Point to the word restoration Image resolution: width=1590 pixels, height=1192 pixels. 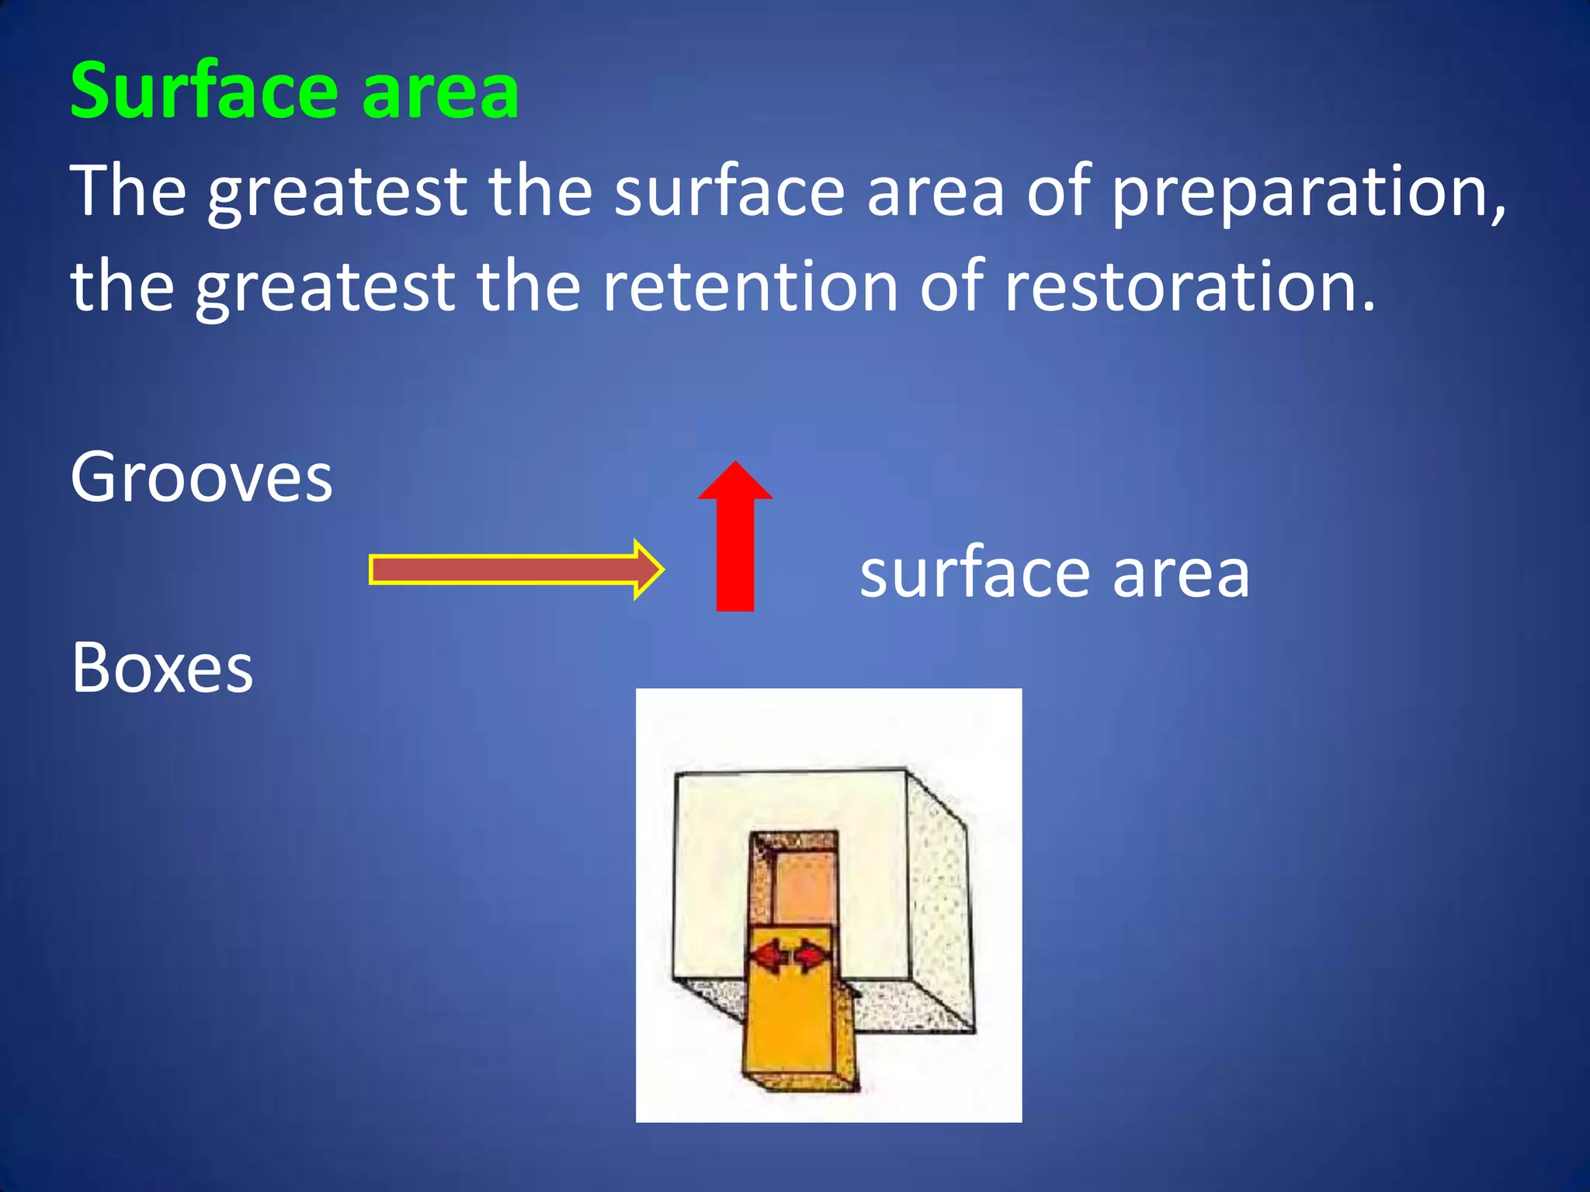1188,287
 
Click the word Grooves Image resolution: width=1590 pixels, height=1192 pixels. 201,477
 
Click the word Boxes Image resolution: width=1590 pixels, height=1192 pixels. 161,668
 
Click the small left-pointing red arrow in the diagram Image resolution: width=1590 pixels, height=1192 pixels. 769,955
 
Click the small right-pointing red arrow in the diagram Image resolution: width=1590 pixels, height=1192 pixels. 812,955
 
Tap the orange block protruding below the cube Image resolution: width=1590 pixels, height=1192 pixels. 790,1032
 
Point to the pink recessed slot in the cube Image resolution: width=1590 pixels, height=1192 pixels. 804,885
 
